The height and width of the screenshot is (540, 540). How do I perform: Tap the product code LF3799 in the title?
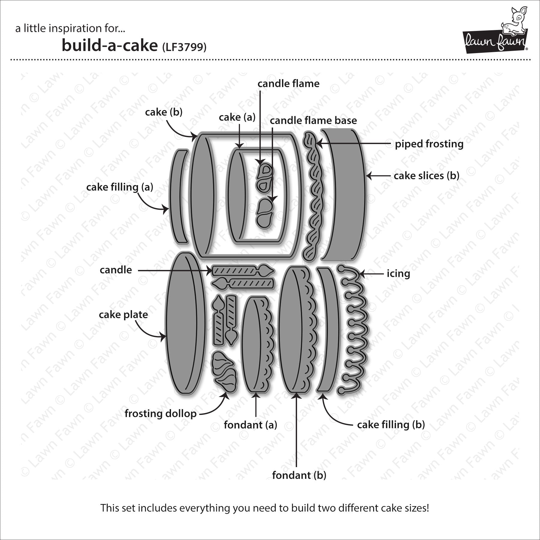(x=184, y=47)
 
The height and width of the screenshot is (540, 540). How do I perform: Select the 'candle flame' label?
(x=288, y=84)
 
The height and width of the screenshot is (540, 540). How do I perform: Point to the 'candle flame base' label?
(x=313, y=121)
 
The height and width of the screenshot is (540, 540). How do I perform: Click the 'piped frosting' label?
(x=429, y=144)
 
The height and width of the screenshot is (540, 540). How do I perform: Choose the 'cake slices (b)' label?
(x=426, y=175)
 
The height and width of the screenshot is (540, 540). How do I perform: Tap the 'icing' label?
(x=398, y=274)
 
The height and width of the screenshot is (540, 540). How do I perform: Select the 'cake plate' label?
(x=123, y=315)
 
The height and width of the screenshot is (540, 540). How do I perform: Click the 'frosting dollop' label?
(x=160, y=413)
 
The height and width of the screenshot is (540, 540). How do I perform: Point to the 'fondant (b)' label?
(x=299, y=475)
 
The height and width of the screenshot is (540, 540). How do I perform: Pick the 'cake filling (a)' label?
(x=120, y=187)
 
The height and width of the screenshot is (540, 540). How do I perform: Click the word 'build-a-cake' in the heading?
(x=109, y=45)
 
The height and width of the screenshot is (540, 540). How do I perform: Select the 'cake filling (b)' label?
(x=391, y=425)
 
